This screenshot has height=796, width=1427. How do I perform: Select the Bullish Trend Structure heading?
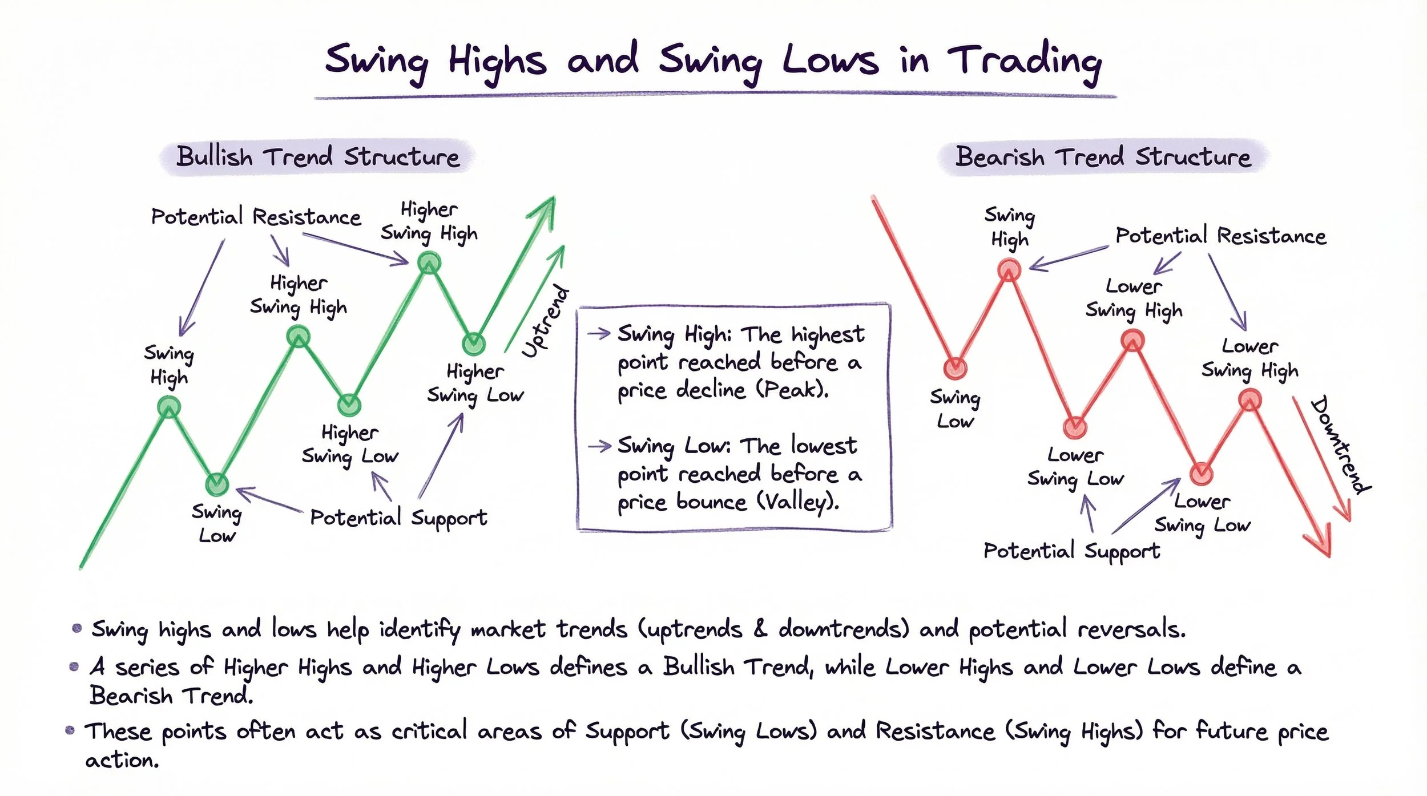pos(317,156)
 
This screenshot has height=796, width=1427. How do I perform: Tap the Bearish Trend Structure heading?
pos(1103,156)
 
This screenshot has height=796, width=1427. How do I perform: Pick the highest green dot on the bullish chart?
pos(429,263)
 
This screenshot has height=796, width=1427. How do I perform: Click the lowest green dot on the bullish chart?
pos(216,484)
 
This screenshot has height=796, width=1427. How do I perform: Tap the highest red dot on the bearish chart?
pos(1009,269)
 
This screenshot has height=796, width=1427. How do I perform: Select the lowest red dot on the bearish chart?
pos(1202,473)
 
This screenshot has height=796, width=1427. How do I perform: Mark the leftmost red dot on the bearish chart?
pos(955,368)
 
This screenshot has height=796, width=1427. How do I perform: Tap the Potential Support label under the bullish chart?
pos(398,518)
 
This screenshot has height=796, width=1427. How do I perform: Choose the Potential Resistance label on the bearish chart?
pos(1220,236)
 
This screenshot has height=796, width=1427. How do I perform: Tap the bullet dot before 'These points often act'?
pos(70,730)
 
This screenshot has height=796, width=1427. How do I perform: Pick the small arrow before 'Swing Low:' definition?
pos(599,446)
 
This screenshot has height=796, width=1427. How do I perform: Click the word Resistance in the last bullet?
pos(935,731)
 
